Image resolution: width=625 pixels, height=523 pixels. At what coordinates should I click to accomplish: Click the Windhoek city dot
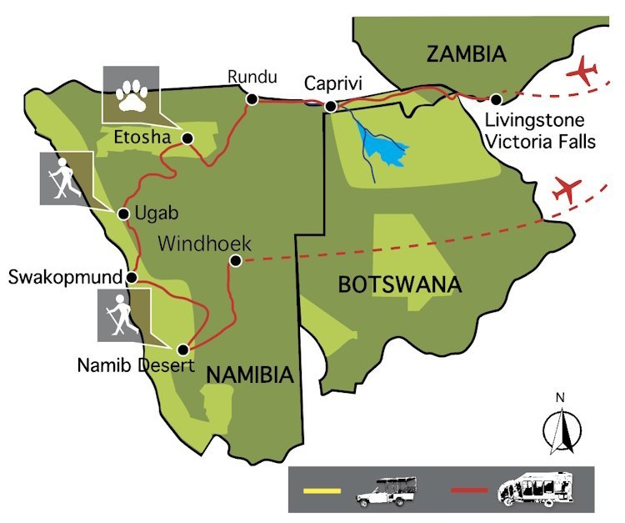point(236,261)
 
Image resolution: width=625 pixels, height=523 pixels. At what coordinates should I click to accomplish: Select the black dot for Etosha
point(187,138)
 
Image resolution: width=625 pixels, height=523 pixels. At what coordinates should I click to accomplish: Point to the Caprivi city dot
point(331,106)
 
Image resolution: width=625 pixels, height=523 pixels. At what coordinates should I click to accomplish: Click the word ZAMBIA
point(466,55)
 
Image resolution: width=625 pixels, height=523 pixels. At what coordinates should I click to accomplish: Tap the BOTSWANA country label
point(399,284)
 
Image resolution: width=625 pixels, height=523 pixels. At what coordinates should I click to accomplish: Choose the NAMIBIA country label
point(249,375)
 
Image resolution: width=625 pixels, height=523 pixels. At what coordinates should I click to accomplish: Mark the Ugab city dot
point(123,214)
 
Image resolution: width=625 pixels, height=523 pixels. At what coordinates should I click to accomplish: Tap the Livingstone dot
point(496,99)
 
